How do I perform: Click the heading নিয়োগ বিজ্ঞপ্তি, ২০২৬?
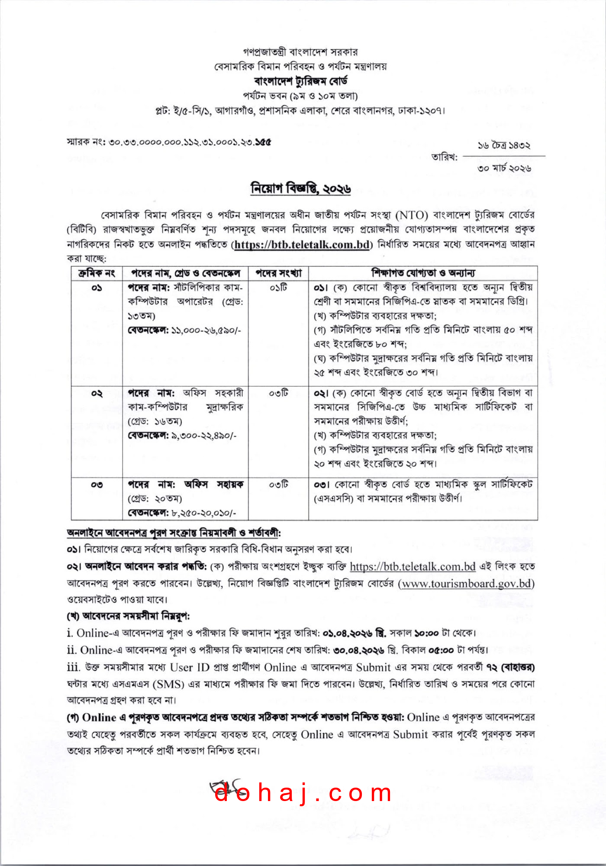click(x=301, y=189)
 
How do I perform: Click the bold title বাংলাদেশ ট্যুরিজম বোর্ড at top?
click(x=301, y=81)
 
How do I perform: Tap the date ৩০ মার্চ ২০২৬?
click(x=504, y=168)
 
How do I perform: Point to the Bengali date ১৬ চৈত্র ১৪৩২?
click(x=504, y=145)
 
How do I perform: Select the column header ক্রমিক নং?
click(x=97, y=273)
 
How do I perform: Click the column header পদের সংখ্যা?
click(x=278, y=273)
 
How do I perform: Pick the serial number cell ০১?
click(x=97, y=288)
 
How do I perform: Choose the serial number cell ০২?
click(x=97, y=394)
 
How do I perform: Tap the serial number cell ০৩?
click(x=97, y=485)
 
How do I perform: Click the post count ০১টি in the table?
click(x=278, y=288)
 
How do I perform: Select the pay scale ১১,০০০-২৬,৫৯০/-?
click(x=206, y=330)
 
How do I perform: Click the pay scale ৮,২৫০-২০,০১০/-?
click(x=203, y=513)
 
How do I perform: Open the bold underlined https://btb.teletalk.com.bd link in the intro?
click(x=302, y=245)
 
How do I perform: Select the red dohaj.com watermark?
click(x=303, y=793)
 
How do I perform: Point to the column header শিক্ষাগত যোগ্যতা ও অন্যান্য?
click(x=423, y=273)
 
